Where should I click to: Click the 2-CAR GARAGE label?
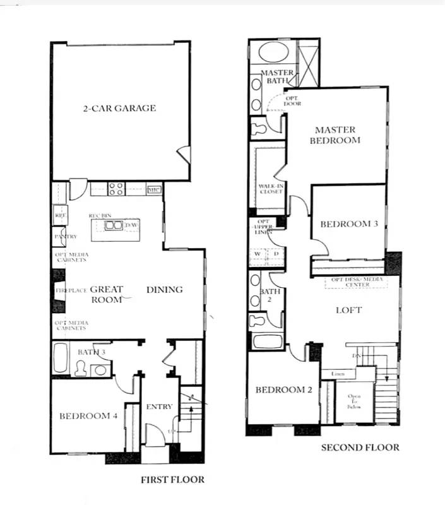pyautogui.click(x=119, y=108)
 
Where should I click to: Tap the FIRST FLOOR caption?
pyautogui.click(x=172, y=480)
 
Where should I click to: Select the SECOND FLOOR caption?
pyautogui.click(x=360, y=448)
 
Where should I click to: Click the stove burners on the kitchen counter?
pyautogui.click(x=116, y=188)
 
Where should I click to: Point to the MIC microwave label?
pyautogui.click(x=154, y=189)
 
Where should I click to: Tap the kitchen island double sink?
pyautogui.click(x=113, y=225)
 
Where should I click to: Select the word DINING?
pyautogui.click(x=164, y=290)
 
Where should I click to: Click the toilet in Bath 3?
pyautogui.click(x=82, y=367)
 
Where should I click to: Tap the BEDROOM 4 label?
pyautogui.click(x=88, y=416)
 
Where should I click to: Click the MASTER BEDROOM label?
pyautogui.click(x=335, y=134)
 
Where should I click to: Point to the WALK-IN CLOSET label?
pyautogui.click(x=270, y=188)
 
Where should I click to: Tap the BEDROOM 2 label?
pyautogui.click(x=283, y=389)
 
